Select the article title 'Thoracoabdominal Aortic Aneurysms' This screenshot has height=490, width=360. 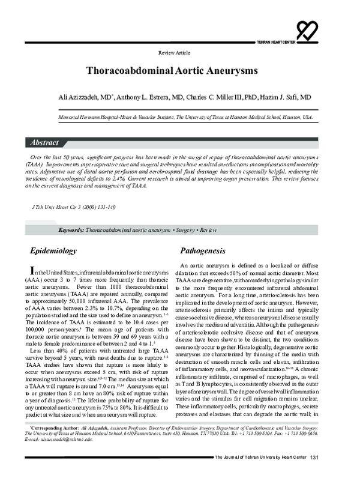(173, 70)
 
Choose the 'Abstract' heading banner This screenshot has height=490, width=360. (45, 143)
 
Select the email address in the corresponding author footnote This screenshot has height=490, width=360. (70, 456)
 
